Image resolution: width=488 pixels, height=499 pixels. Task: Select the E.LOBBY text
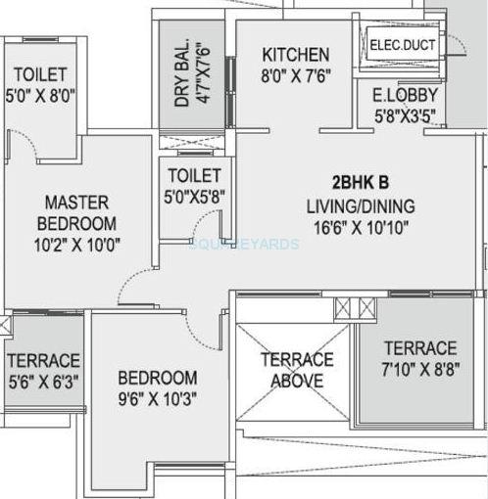point(404,96)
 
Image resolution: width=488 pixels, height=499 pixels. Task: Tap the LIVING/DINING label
point(361,206)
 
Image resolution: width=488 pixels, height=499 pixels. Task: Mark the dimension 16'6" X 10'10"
point(361,227)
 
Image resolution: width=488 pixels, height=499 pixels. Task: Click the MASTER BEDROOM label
point(80,212)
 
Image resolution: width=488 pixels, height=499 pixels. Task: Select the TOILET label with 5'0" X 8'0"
point(39,74)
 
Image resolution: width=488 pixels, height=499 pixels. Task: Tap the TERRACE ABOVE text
point(296,370)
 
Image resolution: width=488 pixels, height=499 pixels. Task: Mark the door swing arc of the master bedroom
point(132,284)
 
